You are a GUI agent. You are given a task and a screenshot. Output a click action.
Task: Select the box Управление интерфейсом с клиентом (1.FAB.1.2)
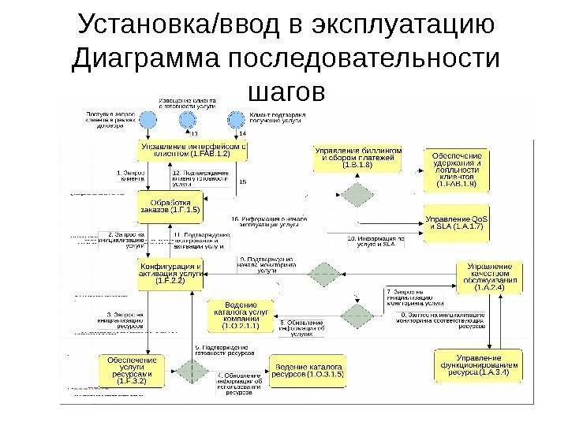tap(192, 150)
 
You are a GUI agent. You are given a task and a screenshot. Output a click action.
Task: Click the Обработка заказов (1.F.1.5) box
tap(170, 204)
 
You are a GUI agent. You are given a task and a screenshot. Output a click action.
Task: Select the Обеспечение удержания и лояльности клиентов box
tap(457, 168)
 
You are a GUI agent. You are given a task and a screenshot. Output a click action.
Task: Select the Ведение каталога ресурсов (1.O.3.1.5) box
tap(308, 369)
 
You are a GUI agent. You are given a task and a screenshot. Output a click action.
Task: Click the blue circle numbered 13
tap(187, 120)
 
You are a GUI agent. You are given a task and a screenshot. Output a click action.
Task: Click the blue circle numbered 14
tap(236, 120)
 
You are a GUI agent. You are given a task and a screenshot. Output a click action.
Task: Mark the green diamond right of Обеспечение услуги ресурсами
tap(189, 370)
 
